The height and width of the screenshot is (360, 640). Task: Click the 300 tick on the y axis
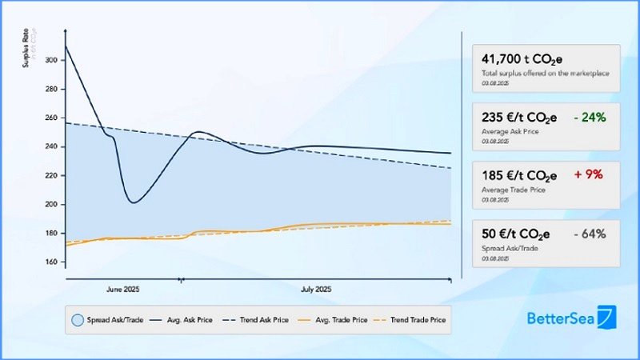52,60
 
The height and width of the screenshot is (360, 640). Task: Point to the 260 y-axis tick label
52,118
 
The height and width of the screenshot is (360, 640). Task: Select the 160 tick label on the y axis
52,262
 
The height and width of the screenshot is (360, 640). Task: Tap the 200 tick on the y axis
52,204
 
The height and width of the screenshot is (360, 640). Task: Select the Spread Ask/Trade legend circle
78,320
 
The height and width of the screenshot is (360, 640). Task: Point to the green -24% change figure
590,118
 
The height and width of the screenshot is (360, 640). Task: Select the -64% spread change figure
590,234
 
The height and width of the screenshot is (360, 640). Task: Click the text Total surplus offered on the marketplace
545,74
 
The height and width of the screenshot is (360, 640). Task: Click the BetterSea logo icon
608,318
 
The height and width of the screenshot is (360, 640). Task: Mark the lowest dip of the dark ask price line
133,202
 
